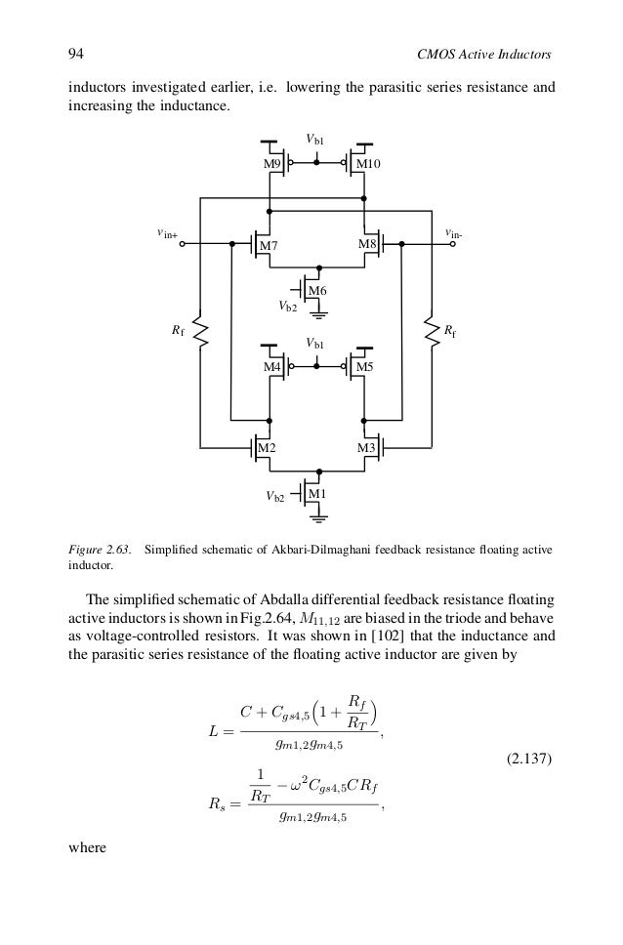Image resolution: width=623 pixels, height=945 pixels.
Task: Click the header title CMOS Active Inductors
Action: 485,52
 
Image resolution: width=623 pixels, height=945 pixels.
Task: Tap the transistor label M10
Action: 368,165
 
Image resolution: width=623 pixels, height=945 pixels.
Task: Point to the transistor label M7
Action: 268,246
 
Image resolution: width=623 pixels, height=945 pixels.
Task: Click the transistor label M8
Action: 367,243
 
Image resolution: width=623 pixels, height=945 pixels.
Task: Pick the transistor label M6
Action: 316,291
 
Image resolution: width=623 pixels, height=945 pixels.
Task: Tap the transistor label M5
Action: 363,366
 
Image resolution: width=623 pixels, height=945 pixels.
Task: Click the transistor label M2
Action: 266,448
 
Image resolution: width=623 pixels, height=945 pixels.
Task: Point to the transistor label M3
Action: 367,448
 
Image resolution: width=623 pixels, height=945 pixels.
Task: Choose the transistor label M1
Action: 316,495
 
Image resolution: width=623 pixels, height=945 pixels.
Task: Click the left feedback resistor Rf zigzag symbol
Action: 200,332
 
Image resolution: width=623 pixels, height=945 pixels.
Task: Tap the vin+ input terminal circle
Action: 183,245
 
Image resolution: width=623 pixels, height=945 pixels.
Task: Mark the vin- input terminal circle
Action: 452,245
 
